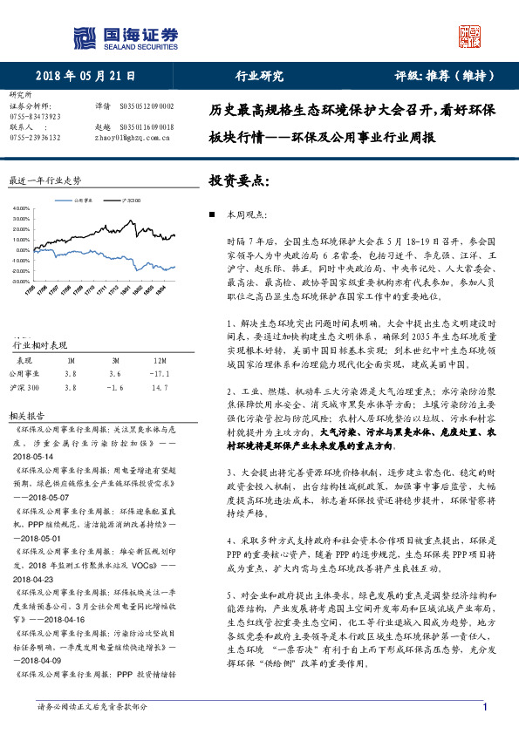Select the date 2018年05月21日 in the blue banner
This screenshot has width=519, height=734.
(x=85, y=76)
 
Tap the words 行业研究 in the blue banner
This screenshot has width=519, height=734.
(x=260, y=76)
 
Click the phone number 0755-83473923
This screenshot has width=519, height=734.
(x=35, y=116)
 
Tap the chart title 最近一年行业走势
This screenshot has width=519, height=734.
(x=44, y=180)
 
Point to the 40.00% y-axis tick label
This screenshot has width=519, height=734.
(x=24, y=209)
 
